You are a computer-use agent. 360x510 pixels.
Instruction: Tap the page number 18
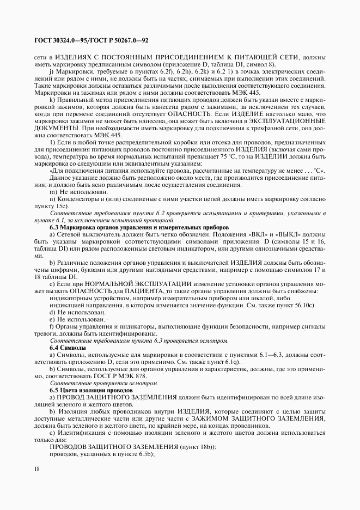point(36,469)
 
